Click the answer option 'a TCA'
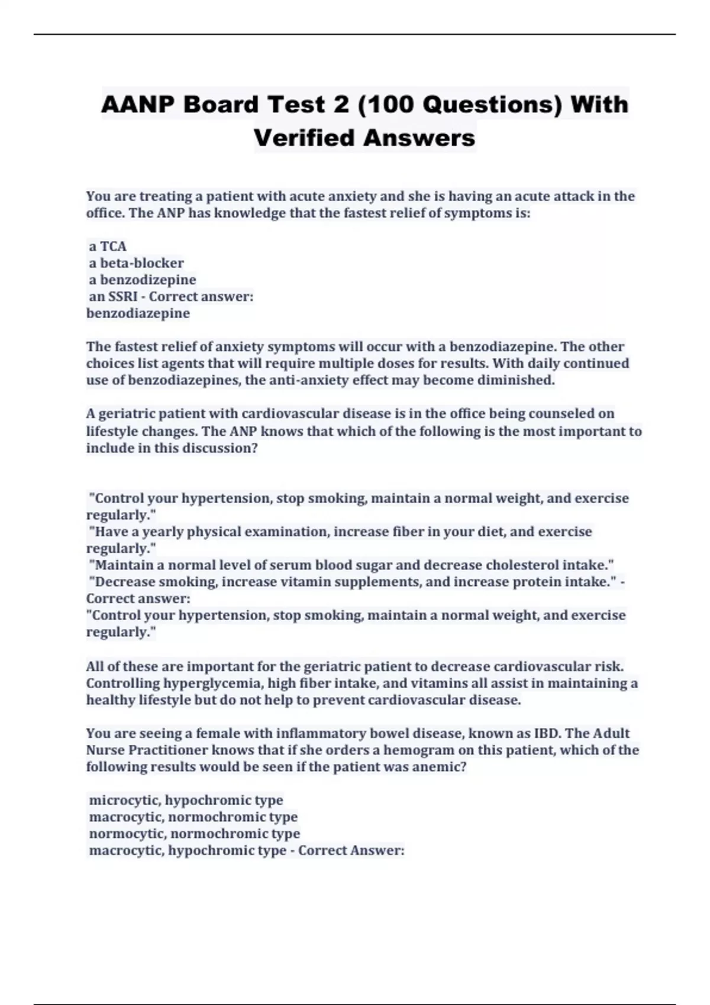tap(108, 246)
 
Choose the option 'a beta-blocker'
tap(136, 262)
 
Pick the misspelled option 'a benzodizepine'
tap(142, 280)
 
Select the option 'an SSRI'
tap(114, 296)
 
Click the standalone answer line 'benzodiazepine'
tap(138, 313)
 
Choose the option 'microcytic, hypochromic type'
tap(186, 800)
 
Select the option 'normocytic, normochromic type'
tap(194, 833)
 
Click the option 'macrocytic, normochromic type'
tap(193, 816)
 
